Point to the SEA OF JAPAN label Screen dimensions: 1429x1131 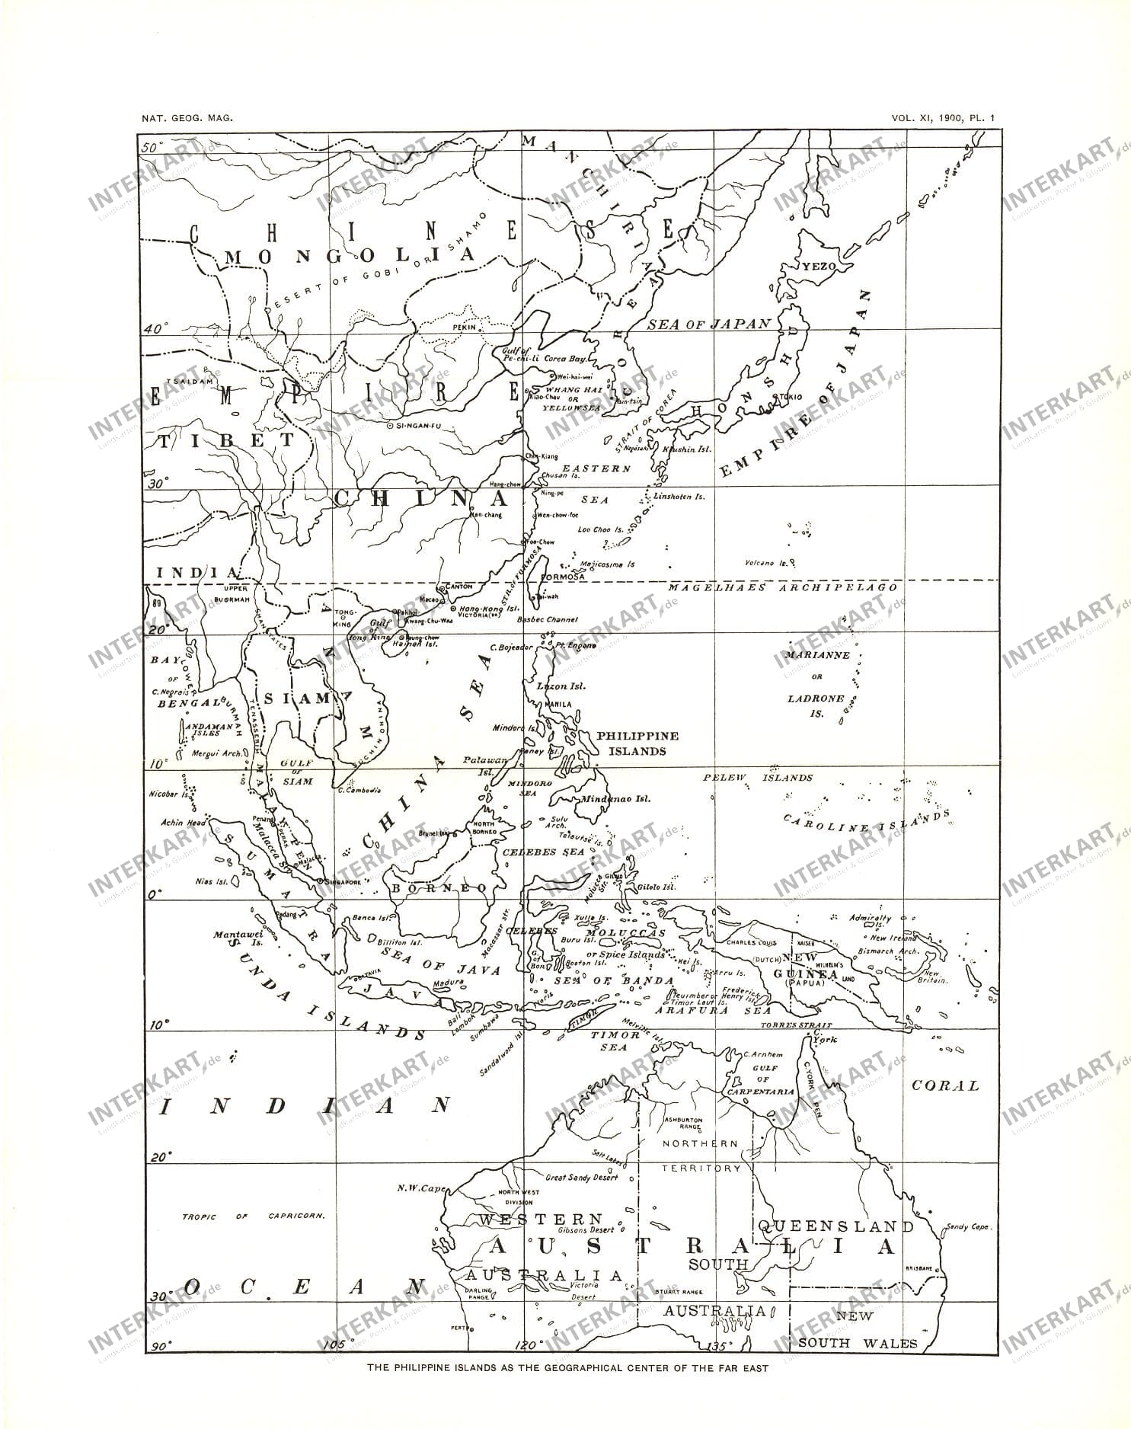coord(708,324)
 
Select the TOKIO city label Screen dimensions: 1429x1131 coord(790,398)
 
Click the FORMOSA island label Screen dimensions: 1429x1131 coord(562,577)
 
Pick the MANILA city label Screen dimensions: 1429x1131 coord(559,705)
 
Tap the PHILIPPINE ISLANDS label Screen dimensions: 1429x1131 coord(637,743)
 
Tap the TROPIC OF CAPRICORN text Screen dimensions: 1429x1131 coord(252,1216)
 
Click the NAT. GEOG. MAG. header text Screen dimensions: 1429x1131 coord(187,118)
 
